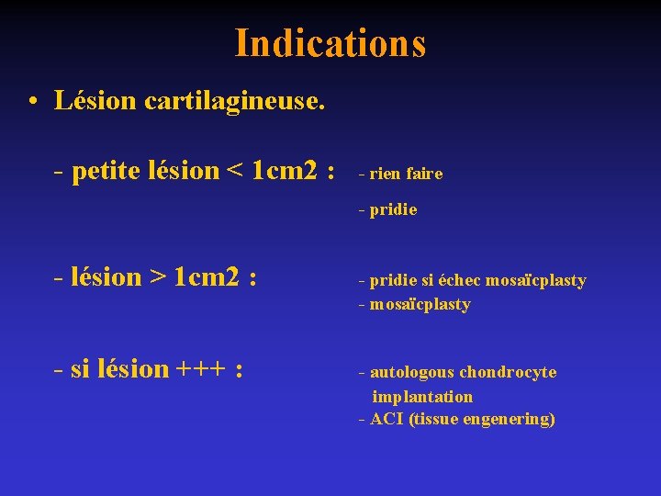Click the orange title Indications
[330, 43]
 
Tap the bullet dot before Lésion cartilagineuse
[33, 101]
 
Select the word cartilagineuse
[234, 100]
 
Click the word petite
[100, 171]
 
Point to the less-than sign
[235, 172]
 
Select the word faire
[423, 174]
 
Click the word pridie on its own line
[393, 210]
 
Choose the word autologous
[412, 373]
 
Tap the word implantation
[422, 397]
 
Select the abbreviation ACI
[387, 420]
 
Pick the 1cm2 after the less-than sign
[283, 171]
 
